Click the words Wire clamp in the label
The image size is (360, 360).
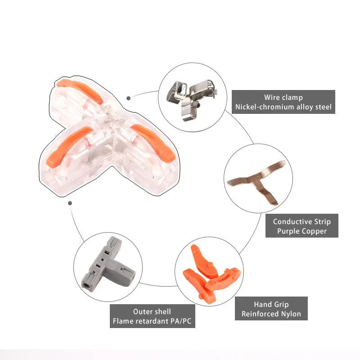point(283,97)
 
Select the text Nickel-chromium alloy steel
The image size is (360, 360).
point(283,107)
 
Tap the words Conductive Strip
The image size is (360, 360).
point(301,221)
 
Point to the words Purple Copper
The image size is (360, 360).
point(301,231)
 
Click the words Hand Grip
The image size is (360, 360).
point(271,305)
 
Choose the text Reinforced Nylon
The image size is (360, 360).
point(271,314)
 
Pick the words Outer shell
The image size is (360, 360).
point(152,311)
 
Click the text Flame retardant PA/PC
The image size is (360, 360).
point(152,321)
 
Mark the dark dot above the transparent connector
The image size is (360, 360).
point(129,98)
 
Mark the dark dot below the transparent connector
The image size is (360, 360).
point(70,203)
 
